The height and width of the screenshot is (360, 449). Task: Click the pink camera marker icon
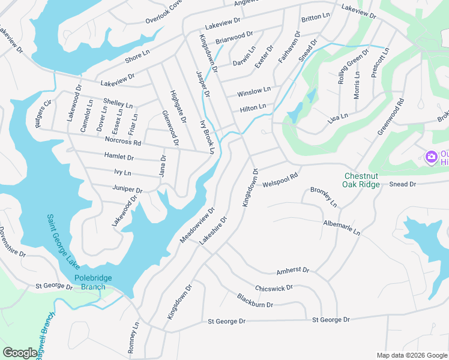click(430, 157)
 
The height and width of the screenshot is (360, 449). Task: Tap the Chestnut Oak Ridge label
click(362, 180)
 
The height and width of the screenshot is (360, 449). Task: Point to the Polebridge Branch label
click(90, 283)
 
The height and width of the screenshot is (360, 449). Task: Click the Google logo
click(20, 353)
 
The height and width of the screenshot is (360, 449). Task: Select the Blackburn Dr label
click(255, 301)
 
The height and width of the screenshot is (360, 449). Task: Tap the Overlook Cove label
click(163, 12)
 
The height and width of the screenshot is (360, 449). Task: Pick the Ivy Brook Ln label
click(206, 137)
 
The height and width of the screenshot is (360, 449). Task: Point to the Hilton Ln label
click(253, 108)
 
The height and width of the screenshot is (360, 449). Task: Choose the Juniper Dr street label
click(127, 188)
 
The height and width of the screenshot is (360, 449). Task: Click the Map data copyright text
click(411, 355)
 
